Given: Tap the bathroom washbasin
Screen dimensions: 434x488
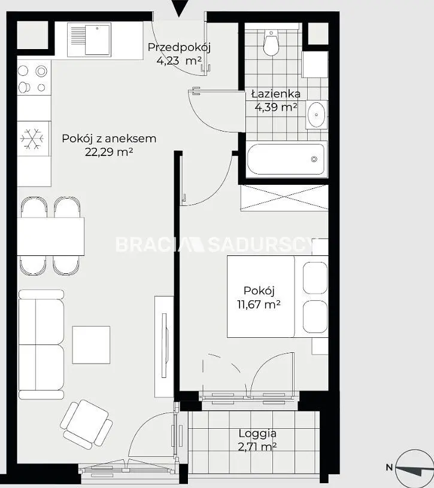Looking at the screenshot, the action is [316, 114].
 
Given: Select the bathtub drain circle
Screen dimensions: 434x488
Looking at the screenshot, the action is [314, 159].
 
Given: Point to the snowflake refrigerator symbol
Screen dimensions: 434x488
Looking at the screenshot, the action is [32, 138].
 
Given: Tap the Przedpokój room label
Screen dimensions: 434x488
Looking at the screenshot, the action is [179, 47].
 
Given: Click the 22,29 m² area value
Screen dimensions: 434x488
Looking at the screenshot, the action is [109, 152].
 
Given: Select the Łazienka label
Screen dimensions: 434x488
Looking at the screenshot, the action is [276, 94].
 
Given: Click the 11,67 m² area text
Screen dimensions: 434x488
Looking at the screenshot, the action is [259, 304].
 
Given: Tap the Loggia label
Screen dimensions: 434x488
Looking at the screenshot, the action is [257, 433].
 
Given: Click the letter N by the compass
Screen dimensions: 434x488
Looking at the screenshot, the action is [389, 467].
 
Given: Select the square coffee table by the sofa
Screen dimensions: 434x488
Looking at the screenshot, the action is [91, 344].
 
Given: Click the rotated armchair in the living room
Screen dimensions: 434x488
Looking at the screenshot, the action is [86, 424].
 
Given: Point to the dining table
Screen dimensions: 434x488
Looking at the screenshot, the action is [50, 237].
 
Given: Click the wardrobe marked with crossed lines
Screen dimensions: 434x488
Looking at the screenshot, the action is [284, 197].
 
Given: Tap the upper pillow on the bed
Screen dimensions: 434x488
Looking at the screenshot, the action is [315, 277].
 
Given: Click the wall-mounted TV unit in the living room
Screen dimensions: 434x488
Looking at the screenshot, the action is [164, 346].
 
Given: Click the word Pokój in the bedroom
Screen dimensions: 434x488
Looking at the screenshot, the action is [259, 291].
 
